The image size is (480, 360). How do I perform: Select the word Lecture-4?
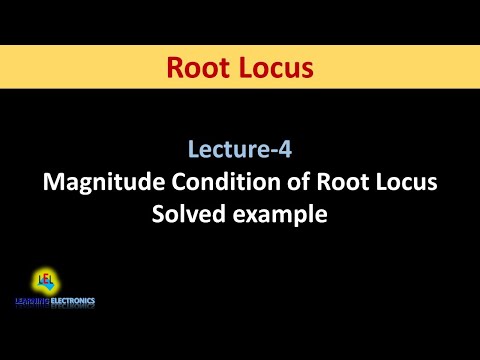click(239, 151)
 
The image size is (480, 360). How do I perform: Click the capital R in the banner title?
click(173, 68)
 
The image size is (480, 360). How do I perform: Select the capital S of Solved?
click(158, 212)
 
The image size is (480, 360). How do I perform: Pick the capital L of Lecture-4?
click(193, 151)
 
